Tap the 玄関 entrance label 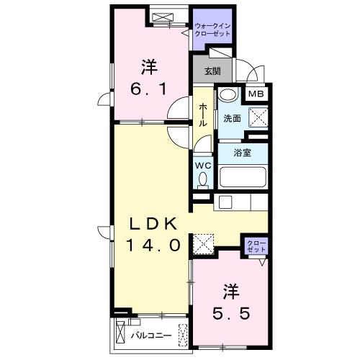tap(212, 71)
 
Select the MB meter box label tap(256, 94)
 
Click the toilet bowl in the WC tap(203, 179)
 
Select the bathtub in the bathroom tap(243, 176)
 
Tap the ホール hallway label tap(203, 113)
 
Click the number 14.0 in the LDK tap(153, 244)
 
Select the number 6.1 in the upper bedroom tap(149, 89)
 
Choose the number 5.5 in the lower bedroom tap(230, 313)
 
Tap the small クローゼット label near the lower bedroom tap(256, 246)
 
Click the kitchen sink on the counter tap(223, 202)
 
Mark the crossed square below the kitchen tap(204, 244)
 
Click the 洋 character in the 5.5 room tap(230, 292)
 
